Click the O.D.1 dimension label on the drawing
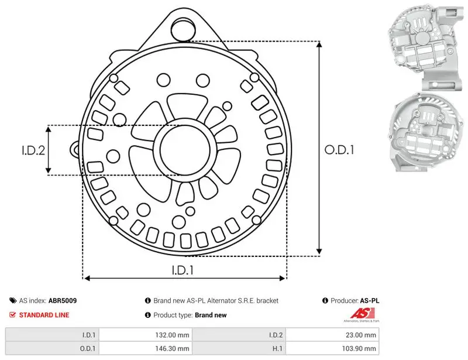pyautogui.click(x=339, y=150)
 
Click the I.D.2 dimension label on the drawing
pyautogui.click(x=33, y=150)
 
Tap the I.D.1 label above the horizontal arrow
pyautogui.click(x=183, y=270)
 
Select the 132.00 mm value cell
pyautogui.click(x=146, y=335)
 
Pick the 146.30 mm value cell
pyautogui.click(x=146, y=348)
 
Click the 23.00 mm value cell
pyautogui.click(x=332, y=335)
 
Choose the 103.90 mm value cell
pyautogui.click(x=332, y=348)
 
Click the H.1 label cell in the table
pyautogui.click(x=239, y=348)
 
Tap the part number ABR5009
pyautogui.click(x=63, y=300)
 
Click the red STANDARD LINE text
pyautogui.click(x=44, y=315)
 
